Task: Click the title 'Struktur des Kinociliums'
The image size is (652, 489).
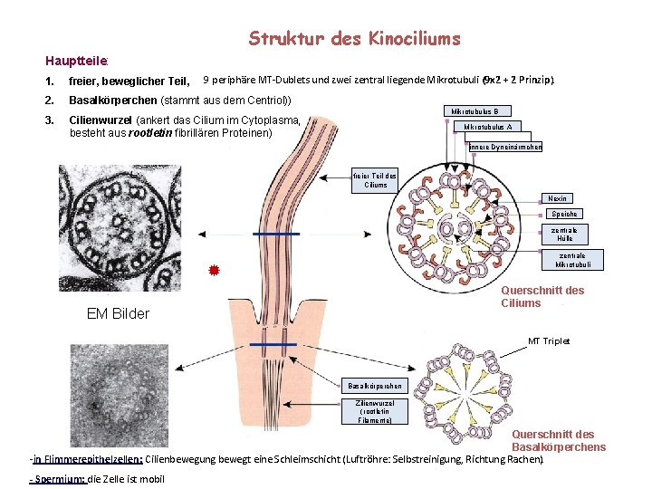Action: [x=354, y=39]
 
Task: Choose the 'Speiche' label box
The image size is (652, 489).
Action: [x=564, y=215]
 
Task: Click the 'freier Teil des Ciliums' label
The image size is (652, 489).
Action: [x=375, y=179]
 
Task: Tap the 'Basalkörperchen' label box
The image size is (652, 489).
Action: [x=375, y=387]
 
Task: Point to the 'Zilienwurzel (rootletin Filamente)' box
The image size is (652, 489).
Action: [x=375, y=410]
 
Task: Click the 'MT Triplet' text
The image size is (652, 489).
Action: [x=550, y=341]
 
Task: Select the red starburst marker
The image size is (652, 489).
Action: [x=215, y=270]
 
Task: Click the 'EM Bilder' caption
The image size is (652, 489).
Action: [x=118, y=314]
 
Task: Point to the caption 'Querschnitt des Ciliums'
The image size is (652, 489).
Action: [x=542, y=296]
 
